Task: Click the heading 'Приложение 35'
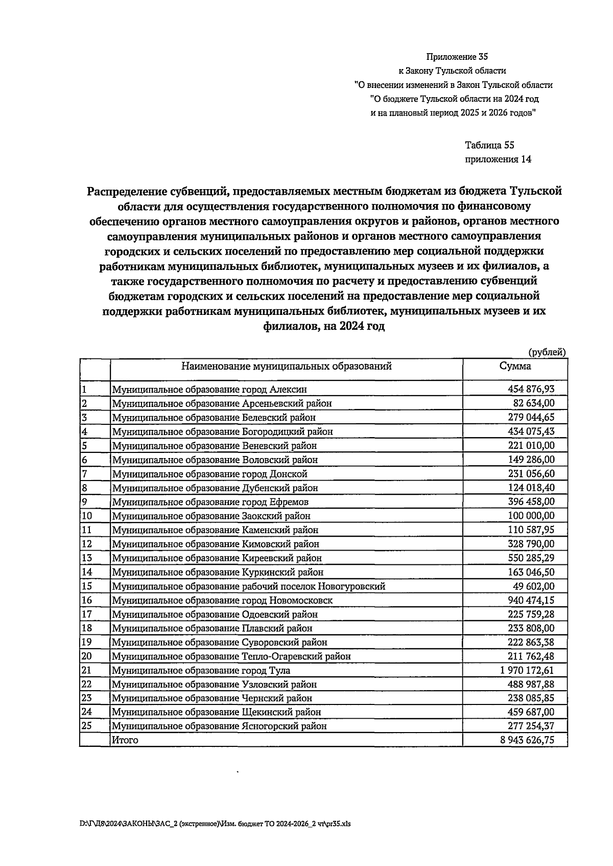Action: point(454,57)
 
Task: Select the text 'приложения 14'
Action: point(498,159)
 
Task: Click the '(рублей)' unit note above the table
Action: point(547,352)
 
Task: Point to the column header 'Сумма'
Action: point(515,366)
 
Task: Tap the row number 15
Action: point(87,586)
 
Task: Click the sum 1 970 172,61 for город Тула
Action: point(527,670)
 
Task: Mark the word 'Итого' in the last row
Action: point(125,740)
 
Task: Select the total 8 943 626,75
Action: point(527,740)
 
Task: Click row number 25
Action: point(87,726)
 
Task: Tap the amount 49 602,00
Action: point(533,586)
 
